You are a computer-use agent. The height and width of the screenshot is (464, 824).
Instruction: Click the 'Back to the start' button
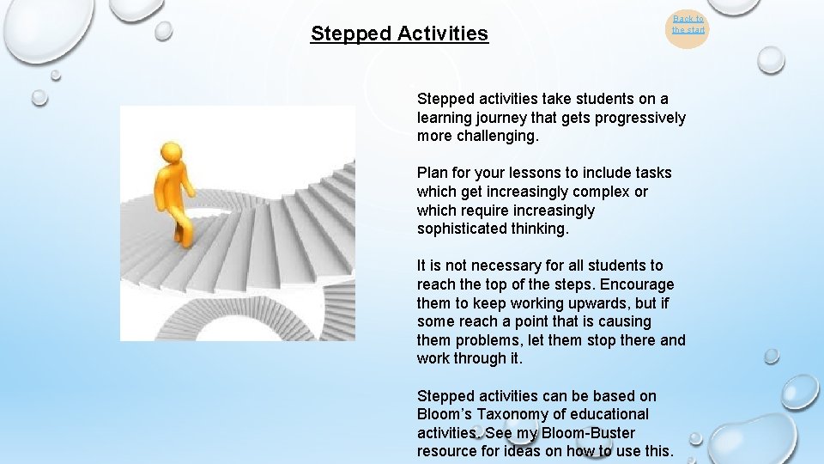(x=688, y=25)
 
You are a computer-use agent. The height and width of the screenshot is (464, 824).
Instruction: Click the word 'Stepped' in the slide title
(x=348, y=34)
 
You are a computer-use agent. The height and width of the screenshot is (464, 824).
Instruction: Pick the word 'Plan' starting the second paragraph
(x=432, y=173)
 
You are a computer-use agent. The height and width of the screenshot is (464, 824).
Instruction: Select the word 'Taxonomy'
(x=518, y=414)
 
